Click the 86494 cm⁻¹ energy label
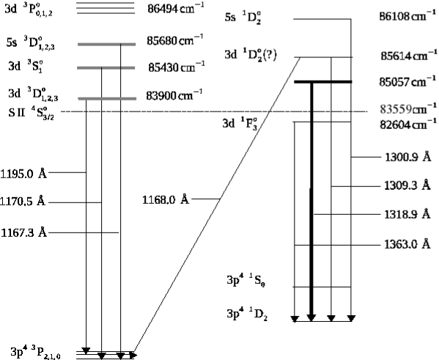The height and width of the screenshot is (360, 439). [176, 8]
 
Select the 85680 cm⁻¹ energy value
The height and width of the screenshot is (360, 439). [174, 40]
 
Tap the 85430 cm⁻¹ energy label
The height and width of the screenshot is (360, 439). [177, 67]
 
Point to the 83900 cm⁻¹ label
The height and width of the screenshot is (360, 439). [174, 95]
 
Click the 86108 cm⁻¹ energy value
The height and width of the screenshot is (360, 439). [407, 16]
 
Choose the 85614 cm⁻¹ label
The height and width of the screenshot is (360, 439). [408, 56]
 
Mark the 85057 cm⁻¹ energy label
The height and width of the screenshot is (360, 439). [407, 81]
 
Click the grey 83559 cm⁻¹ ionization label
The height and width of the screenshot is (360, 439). [408, 109]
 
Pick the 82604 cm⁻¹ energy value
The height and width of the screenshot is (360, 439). [408, 125]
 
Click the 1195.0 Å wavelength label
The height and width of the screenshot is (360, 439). [23, 174]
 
